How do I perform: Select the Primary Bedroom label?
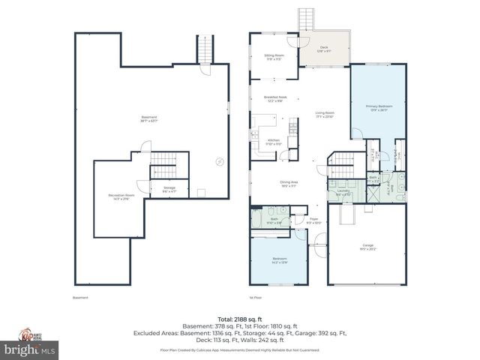pyautogui.click(x=379, y=108)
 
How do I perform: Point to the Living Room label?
pyautogui.click(x=325, y=114)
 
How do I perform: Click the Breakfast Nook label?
pyautogui.click(x=275, y=98)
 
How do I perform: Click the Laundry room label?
pyautogui.click(x=344, y=193)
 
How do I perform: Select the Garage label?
pyautogui.click(x=367, y=247)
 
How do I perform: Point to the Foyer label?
pyautogui.click(x=314, y=221)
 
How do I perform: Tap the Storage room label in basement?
pyautogui.click(x=169, y=189)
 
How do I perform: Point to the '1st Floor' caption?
pyautogui.click(x=256, y=298)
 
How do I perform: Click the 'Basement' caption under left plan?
pyautogui.click(x=80, y=298)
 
